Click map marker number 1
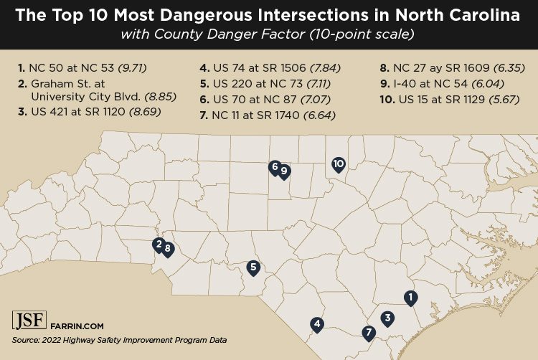(x=410, y=297)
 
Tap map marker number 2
(x=158, y=245)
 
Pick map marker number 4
(x=316, y=324)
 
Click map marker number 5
(x=253, y=267)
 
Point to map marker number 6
(x=274, y=167)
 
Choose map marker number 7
(x=369, y=332)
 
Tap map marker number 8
(x=168, y=249)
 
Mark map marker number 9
(x=284, y=171)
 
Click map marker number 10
(x=339, y=164)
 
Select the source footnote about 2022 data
(x=119, y=340)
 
